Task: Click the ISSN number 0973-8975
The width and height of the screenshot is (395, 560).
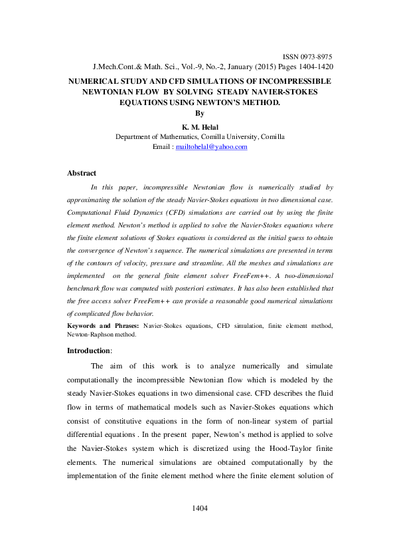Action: [315, 58]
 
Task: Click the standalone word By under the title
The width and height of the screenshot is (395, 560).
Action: [200, 114]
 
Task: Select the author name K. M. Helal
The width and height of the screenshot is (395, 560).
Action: [200, 126]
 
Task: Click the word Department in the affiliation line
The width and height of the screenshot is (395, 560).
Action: [135, 136]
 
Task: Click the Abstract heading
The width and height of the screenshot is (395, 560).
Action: [82, 174]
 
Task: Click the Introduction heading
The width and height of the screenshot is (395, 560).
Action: [89, 350]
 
